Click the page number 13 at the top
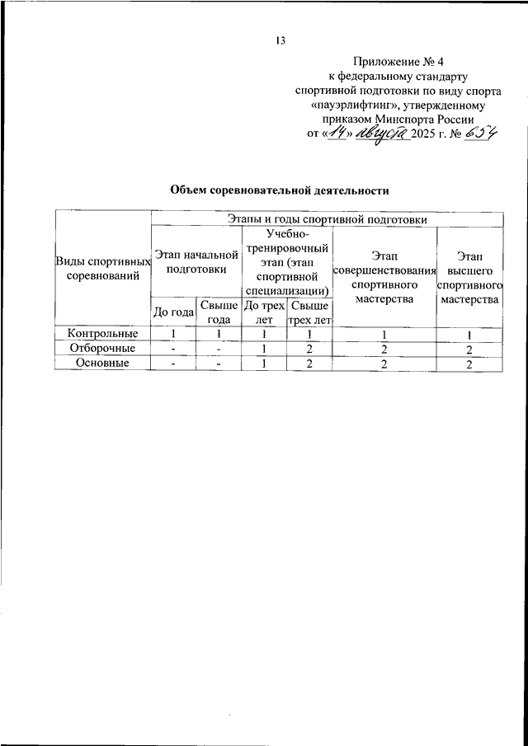click(280, 40)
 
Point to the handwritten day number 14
click(336, 134)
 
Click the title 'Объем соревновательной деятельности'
click(279, 190)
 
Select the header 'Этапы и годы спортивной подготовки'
click(327, 220)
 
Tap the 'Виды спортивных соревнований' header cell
click(103, 269)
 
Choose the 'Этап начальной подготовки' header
click(196, 261)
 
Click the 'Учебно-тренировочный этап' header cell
click(287, 261)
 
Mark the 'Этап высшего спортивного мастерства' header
click(469, 276)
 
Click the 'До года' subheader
click(174, 312)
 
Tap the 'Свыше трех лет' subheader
click(309, 312)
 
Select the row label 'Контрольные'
click(103, 334)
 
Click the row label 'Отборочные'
click(103, 349)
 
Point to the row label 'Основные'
click(103, 364)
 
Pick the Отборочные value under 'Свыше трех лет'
click(309, 349)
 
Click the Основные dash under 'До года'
click(174, 364)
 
